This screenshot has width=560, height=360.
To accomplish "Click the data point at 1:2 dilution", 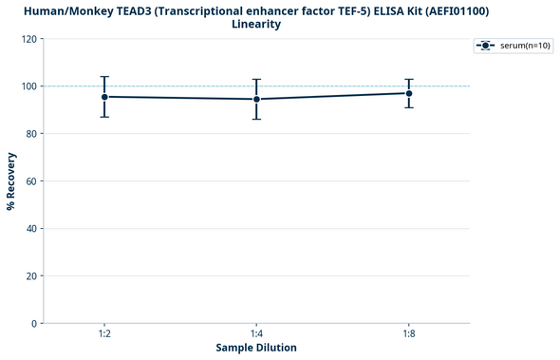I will (104, 97).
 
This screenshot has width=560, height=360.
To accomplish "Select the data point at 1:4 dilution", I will (256, 99).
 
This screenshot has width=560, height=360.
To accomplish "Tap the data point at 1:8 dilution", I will (409, 93).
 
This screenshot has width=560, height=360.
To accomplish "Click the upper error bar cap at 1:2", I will (104, 77).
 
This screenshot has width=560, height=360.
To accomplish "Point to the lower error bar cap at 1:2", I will (104, 117).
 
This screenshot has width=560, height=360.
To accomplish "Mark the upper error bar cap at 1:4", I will (256, 80).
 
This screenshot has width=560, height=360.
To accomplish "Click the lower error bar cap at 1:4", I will (256, 119).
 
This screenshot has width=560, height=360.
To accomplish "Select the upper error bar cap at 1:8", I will (409, 80).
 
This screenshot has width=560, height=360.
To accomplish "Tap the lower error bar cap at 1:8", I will (409, 107).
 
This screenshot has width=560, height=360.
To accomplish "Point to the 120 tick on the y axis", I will (29, 39).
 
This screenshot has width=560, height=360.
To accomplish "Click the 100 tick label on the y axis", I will (29, 86).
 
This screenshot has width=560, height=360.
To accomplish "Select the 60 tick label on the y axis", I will (32, 181).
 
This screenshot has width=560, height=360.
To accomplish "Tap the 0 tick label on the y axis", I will (35, 324).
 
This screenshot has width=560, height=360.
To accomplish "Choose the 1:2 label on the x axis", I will (104, 334).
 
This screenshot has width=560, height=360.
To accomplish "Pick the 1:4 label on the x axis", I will (256, 334).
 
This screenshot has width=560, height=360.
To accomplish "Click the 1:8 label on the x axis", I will (409, 334).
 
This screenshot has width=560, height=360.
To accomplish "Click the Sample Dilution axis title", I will (256, 349).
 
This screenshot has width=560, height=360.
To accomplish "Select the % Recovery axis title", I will (11, 180).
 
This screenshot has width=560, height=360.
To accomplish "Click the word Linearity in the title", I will (256, 24).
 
